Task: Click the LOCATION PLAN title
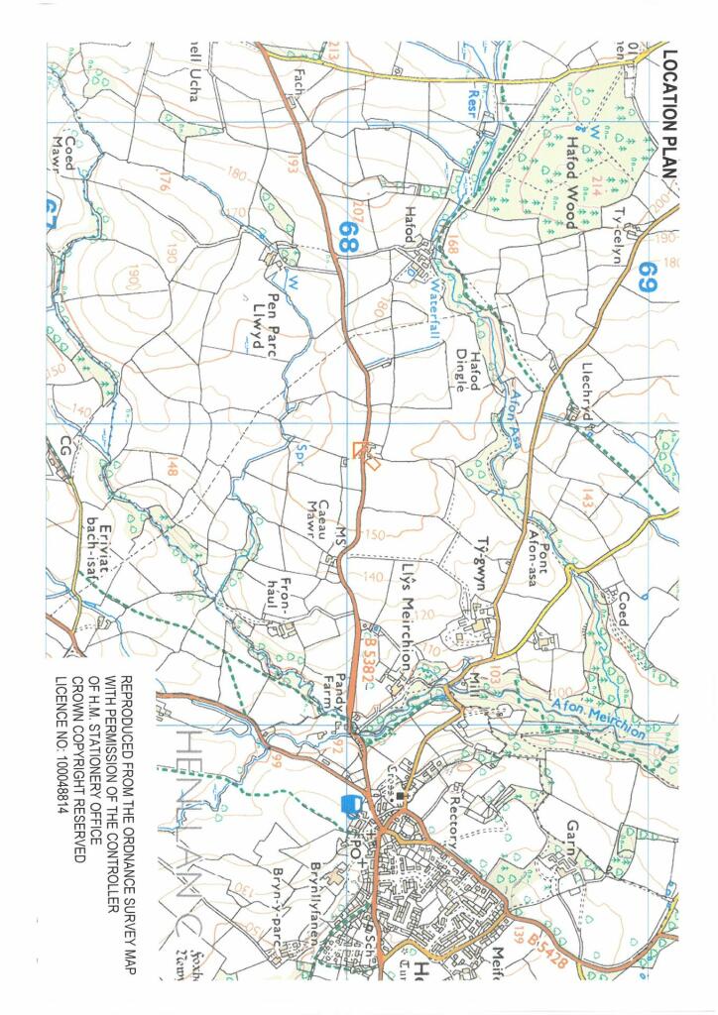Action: (669, 114)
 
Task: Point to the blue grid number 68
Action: (347, 236)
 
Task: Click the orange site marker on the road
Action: (366, 453)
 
